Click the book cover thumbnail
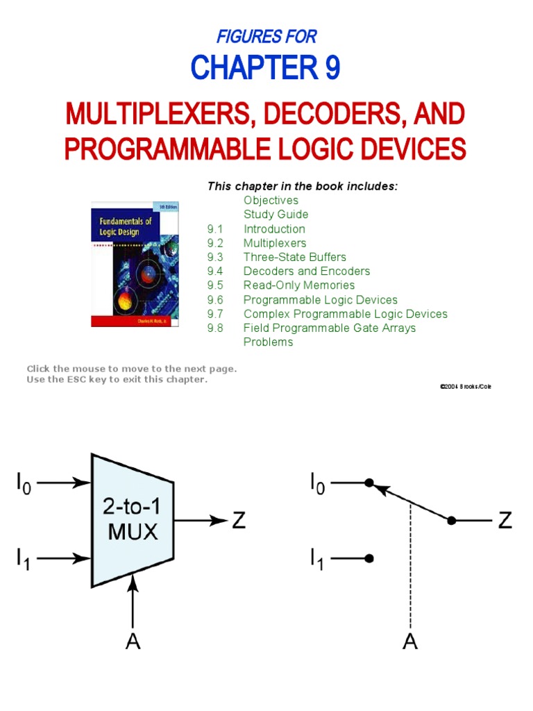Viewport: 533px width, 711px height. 135,264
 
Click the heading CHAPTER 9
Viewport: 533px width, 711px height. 266,69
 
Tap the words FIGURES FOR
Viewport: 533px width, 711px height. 266,36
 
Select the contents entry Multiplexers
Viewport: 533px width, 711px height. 274,243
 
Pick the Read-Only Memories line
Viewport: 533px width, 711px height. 298,285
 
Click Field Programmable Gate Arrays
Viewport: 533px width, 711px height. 329,328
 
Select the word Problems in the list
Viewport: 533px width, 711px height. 268,342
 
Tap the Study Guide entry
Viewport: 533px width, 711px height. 276,215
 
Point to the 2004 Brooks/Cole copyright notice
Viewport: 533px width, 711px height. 465,386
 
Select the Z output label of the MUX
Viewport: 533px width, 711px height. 238,520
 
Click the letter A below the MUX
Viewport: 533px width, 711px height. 133,642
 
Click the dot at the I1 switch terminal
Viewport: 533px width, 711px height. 370,558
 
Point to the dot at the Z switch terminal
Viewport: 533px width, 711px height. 452,520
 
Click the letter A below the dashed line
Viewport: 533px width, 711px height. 410,642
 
